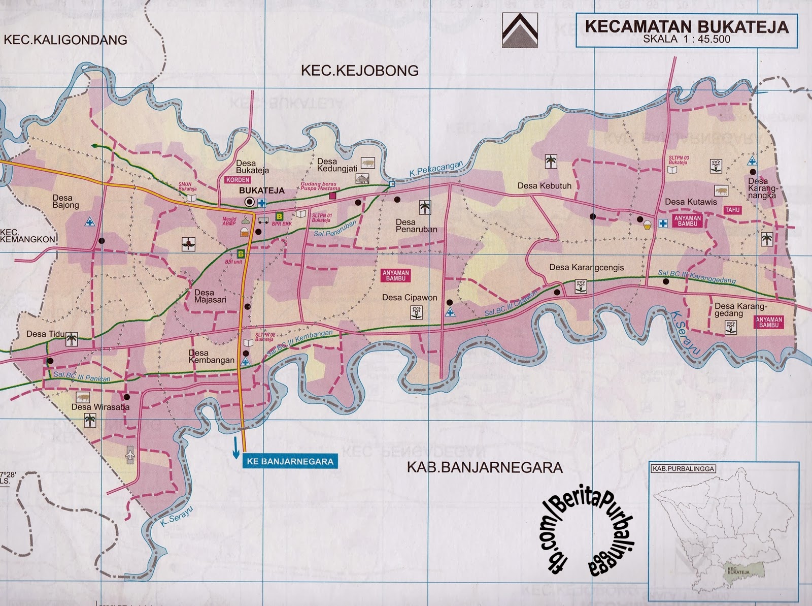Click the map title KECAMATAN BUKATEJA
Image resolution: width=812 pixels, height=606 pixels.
point(687,27)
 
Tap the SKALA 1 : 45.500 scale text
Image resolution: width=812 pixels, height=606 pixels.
point(687,39)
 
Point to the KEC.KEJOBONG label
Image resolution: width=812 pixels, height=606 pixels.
point(360,71)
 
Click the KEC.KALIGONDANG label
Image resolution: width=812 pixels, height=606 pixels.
point(65,40)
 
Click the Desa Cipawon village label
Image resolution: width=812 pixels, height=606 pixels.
point(410,298)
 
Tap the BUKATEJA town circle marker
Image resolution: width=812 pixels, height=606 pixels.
point(249,202)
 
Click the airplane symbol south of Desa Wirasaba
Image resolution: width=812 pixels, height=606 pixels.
point(129,453)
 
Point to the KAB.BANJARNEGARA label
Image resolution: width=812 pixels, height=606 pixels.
point(485,467)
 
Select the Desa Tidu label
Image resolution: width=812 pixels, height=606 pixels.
point(43,334)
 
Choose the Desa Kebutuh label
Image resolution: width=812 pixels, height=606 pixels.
point(544,186)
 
